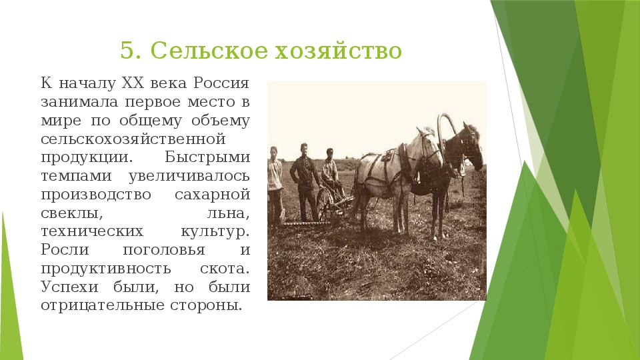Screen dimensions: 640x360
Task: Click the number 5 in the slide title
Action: click(127, 51)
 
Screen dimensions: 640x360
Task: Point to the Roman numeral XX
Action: click(133, 83)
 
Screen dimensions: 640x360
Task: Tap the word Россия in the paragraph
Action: click(221, 83)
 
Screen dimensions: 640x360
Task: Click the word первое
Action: click(152, 101)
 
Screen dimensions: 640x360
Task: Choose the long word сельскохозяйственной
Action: click(133, 139)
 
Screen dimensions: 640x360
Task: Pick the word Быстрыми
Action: click(207, 157)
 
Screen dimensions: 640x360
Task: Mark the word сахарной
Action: click(212, 195)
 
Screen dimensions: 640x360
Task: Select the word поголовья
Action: click(164, 250)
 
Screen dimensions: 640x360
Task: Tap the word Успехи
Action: click(69, 287)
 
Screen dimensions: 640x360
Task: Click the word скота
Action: click(225, 269)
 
